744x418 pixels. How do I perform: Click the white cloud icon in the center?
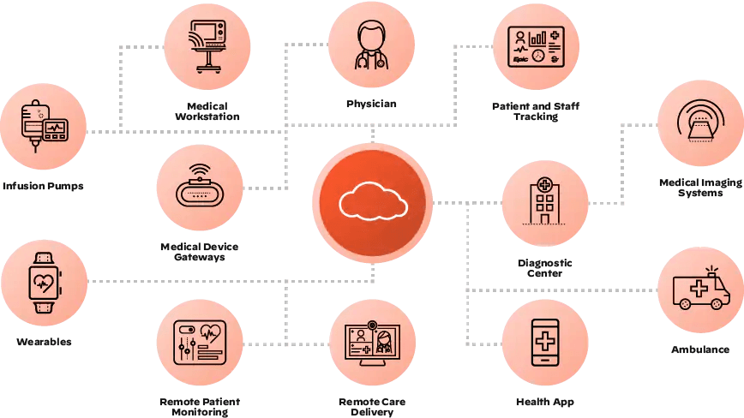click(x=374, y=202)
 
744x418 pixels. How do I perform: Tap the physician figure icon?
click(x=371, y=45)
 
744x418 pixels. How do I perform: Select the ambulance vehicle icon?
click(x=701, y=290)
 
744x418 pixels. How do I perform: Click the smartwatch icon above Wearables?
click(x=45, y=283)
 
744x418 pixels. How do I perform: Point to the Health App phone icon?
click(x=545, y=342)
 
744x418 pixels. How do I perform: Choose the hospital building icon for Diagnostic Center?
click(x=545, y=201)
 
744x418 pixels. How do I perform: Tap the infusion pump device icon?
click(x=44, y=126)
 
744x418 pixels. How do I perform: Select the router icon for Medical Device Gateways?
click(x=200, y=185)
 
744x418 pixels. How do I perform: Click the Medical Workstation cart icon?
click(x=207, y=46)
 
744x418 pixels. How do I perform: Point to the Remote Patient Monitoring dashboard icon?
click(x=200, y=343)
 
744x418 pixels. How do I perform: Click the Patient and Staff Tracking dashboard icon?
click(x=537, y=46)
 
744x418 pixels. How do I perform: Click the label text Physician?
click(x=371, y=104)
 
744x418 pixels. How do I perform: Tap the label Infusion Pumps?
click(x=43, y=186)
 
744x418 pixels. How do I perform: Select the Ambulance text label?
click(x=700, y=349)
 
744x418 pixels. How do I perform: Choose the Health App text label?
click(x=545, y=402)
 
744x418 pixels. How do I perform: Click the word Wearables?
click(x=44, y=342)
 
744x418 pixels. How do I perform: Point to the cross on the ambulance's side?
click(x=699, y=288)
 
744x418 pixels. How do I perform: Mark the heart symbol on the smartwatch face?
click(x=45, y=284)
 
